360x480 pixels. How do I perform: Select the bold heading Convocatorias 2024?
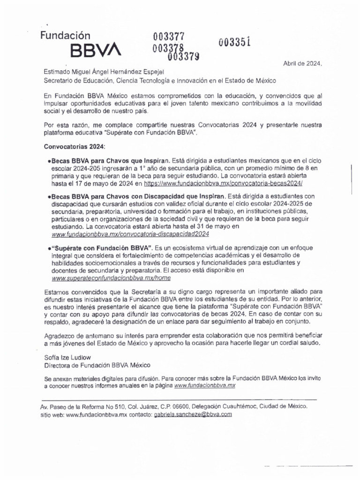pos(75,147)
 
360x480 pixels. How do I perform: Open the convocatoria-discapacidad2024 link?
pos(130,233)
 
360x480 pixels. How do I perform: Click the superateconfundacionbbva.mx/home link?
pos(111,277)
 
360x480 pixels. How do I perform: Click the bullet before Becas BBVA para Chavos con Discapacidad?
pos(49,196)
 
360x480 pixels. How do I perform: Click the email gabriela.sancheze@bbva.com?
pos(192,415)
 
